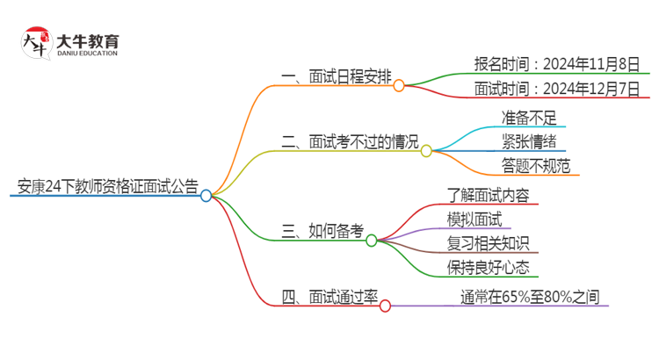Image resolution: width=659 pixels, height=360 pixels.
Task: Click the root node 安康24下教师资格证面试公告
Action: click(x=104, y=185)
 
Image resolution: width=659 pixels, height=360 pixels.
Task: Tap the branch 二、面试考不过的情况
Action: click(x=350, y=140)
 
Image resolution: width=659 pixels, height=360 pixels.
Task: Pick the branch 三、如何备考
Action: click(x=322, y=231)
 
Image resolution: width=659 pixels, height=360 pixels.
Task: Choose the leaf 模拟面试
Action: click(x=474, y=219)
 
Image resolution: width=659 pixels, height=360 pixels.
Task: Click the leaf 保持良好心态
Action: click(x=488, y=267)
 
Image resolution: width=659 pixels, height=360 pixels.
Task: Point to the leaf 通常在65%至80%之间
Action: click(x=530, y=297)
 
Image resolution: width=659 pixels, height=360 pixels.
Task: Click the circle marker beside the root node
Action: click(x=206, y=196)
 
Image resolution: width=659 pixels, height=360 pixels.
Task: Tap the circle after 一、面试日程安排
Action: click(x=399, y=86)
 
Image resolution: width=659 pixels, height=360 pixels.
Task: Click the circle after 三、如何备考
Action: click(x=372, y=241)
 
